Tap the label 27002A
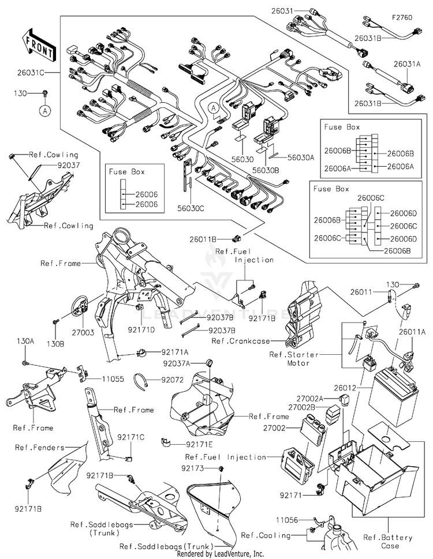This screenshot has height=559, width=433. pyautogui.click(x=309, y=398)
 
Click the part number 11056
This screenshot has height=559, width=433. pyautogui.click(x=287, y=520)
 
